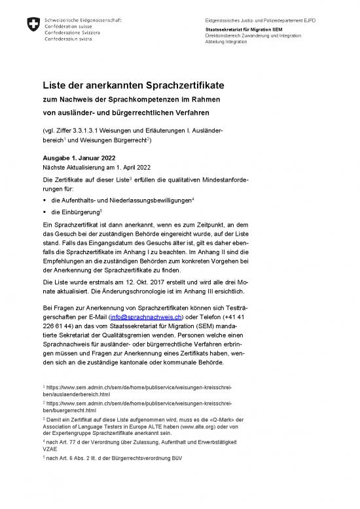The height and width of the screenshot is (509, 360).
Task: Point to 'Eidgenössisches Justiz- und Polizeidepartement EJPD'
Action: click(260, 20)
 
